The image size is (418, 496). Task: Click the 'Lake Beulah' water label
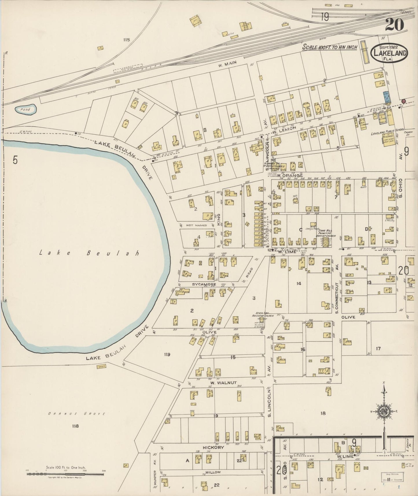point(89,253)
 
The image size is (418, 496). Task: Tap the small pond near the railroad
point(26,109)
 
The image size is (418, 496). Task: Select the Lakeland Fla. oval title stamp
point(390,53)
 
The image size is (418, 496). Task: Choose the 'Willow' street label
point(214,472)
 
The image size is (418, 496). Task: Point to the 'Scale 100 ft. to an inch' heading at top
point(330,47)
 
